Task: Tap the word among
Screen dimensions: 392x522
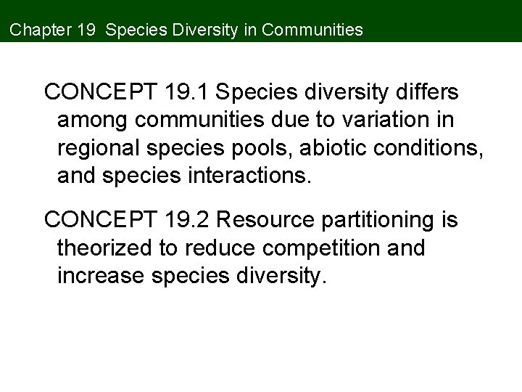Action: [91, 121]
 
